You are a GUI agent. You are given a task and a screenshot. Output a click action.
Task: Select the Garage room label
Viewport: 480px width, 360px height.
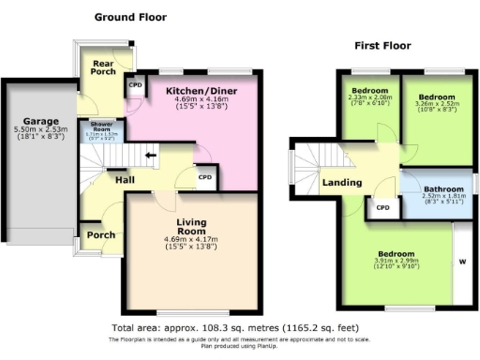point(42,122)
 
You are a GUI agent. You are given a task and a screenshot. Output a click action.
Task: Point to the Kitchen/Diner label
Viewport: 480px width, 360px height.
point(196,90)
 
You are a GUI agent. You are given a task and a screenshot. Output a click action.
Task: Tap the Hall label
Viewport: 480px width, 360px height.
point(124,179)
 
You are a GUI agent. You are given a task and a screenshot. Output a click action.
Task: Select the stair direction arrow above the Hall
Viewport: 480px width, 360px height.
point(150,155)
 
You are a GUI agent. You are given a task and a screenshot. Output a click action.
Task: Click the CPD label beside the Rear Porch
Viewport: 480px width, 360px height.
point(136,85)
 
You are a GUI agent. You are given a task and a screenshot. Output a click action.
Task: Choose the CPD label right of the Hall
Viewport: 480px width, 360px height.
point(205,176)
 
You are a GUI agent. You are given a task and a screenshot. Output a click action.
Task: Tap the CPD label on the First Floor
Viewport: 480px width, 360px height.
point(382,207)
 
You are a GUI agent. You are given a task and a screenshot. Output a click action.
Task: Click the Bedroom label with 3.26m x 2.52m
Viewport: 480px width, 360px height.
point(437,97)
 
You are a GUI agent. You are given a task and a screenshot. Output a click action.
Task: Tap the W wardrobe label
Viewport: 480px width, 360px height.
point(461,261)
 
